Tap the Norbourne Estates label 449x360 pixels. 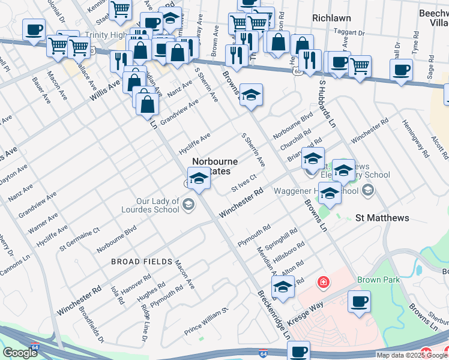coord(214,166)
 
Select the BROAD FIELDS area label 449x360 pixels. coord(137,262)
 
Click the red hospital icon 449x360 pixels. coord(322,281)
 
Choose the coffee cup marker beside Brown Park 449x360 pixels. coord(359,302)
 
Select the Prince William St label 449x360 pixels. coord(207,321)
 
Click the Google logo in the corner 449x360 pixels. coord(20,353)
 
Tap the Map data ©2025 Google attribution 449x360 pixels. coord(412,355)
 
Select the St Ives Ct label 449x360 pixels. coord(244,184)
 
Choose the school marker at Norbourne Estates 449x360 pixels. coord(199,178)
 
